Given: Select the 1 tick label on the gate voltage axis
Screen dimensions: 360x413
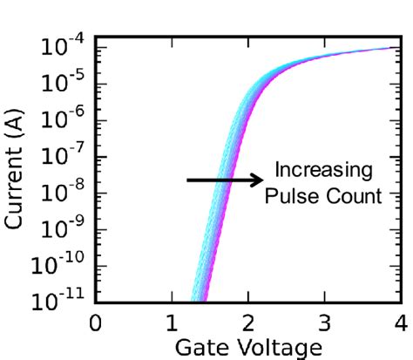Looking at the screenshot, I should click(172, 325).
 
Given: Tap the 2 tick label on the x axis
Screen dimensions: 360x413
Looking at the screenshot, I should click(248, 325).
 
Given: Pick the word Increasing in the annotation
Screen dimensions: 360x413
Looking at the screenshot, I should click(322, 169).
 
